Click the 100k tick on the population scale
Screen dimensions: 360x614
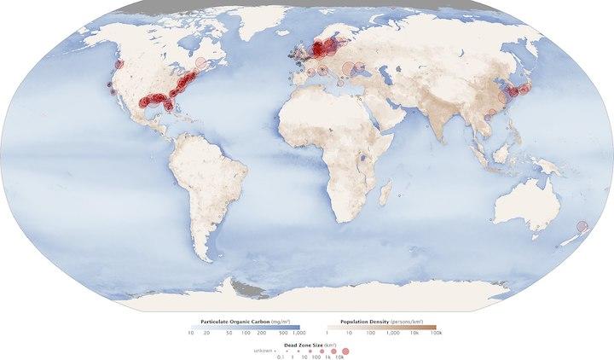(x=435, y=334)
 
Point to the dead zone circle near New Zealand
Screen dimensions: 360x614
(x=582, y=226)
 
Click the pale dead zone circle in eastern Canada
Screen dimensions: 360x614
(x=201, y=63)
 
